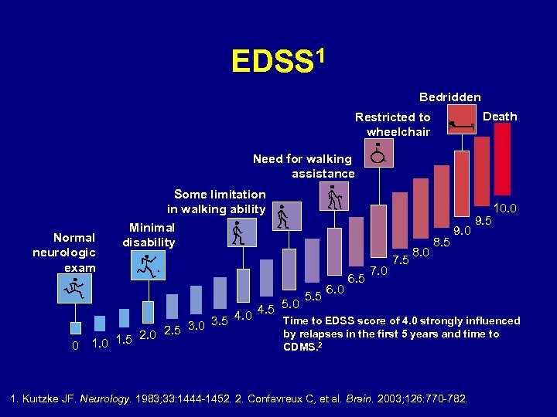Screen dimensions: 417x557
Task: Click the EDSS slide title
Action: [278, 59]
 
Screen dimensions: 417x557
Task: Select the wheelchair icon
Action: [378, 154]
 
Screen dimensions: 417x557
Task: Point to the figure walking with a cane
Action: [336, 198]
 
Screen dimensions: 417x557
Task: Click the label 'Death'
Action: [500, 117]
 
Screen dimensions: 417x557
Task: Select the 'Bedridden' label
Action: [449, 97]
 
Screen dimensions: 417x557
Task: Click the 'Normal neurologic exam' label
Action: [64, 253]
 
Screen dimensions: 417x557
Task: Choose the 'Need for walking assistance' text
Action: [303, 166]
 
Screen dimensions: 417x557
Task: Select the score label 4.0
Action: [243, 314]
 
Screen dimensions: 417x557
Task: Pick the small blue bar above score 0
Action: [75, 329]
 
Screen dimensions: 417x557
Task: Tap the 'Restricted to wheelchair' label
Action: [392, 124]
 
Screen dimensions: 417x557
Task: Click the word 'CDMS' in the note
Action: [300, 347]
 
